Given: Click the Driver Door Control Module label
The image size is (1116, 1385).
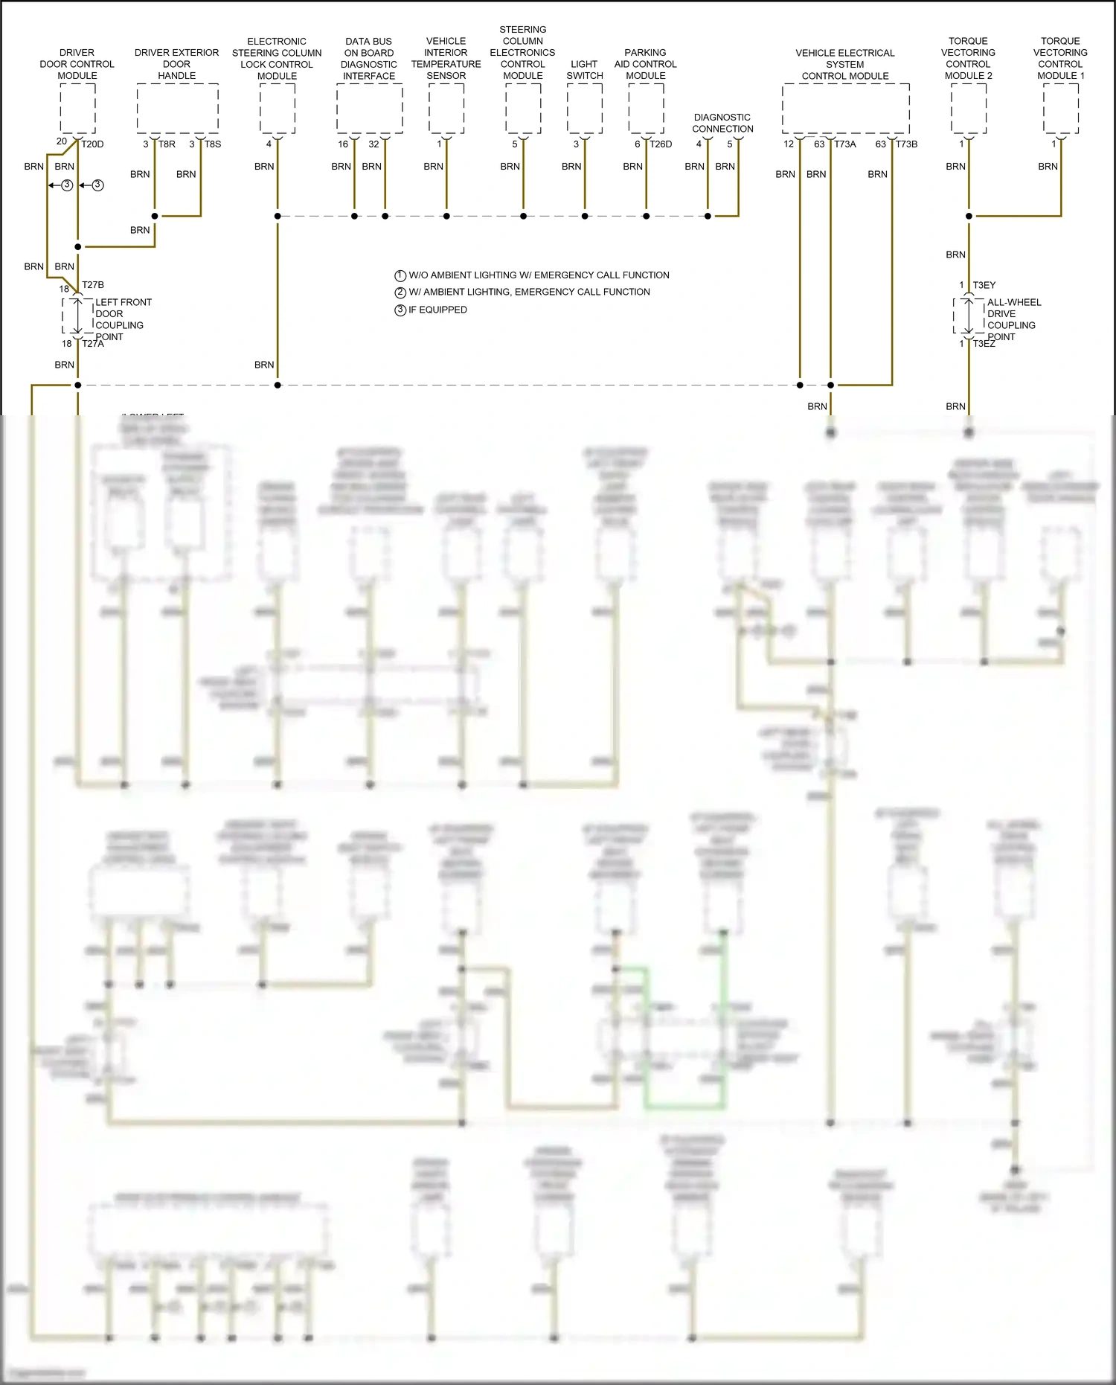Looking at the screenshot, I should (x=77, y=64).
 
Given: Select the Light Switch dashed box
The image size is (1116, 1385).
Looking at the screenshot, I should (x=585, y=109).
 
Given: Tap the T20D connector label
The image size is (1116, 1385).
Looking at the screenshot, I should (x=92, y=144).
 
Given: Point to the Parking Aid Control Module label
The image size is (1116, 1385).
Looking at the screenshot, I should (x=645, y=64).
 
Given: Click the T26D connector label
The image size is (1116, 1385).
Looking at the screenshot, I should (x=661, y=144).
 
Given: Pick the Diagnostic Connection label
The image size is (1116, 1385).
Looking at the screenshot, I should (x=722, y=123).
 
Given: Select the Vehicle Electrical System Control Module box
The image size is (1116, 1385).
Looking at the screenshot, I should (x=845, y=109).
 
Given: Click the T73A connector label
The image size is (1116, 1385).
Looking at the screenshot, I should (x=845, y=144).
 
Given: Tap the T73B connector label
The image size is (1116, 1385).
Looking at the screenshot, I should (x=906, y=144).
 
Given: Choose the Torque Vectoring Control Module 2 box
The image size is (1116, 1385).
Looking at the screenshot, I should (x=969, y=109).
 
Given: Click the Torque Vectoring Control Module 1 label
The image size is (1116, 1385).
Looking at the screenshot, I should (x=1060, y=58).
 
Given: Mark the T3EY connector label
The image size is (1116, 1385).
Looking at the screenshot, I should (x=984, y=285).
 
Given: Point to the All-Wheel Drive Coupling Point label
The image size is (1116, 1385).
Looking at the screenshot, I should (x=1013, y=319).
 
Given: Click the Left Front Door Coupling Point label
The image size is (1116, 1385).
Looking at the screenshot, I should (x=123, y=319).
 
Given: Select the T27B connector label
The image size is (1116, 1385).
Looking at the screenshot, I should (x=93, y=285).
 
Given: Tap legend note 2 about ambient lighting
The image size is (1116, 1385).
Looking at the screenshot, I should (x=529, y=292).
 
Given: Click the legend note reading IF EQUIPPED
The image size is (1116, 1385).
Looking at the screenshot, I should (x=437, y=310).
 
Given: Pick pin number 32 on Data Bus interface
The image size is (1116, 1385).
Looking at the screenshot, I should (x=373, y=144).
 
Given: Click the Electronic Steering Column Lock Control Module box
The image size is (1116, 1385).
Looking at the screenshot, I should (x=278, y=109).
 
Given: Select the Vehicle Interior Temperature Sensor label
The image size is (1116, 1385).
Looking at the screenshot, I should (x=446, y=58).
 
